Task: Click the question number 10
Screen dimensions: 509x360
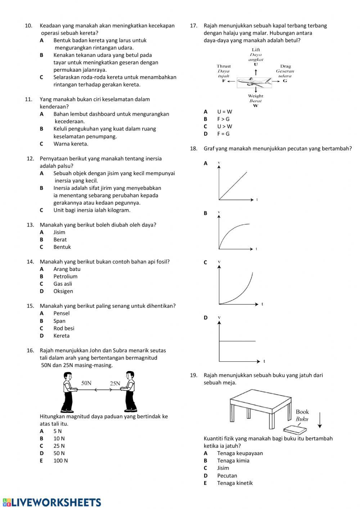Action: coord(28,26)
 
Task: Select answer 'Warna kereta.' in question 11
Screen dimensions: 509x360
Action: coord(71,144)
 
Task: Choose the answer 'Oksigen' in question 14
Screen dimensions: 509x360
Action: coord(63,291)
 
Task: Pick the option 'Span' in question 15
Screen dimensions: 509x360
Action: coord(59,321)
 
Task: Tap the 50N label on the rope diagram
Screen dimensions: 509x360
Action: coord(86,383)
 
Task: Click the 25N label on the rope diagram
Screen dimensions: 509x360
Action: coord(115,384)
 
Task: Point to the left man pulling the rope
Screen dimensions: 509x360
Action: coord(68,392)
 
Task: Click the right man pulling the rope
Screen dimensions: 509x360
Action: coord(129,392)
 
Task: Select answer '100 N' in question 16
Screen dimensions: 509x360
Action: coord(60,461)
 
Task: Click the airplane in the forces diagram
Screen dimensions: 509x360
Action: coord(255,82)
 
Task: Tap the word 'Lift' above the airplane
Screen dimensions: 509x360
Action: coord(256,50)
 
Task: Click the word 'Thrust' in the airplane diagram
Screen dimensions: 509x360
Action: coord(224,66)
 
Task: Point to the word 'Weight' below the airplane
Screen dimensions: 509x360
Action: coord(256,96)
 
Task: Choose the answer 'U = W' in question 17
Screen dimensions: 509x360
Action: coord(225,112)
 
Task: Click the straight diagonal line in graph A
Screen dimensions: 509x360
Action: coord(233,186)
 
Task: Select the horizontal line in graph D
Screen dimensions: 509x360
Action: coord(238,341)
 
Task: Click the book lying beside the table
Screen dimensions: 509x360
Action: coord(295,429)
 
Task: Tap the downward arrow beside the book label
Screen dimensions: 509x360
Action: coord(319,420)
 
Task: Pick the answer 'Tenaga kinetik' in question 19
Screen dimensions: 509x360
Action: coord(235,483)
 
